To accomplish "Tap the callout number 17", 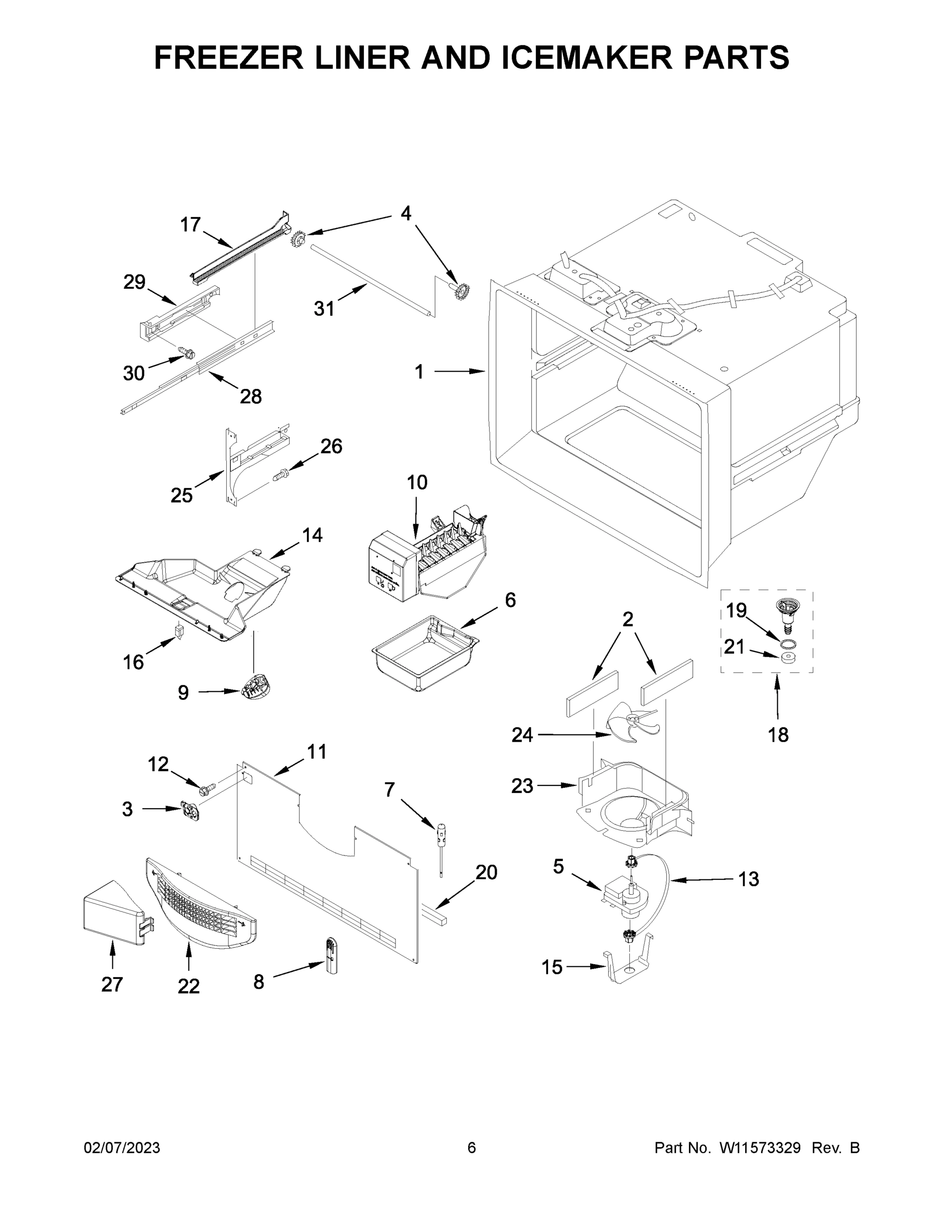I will tap(190, 225).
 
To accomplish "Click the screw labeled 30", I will tap(187, 352).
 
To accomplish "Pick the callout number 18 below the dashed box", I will tap(778, 735).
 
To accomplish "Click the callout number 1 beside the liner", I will tap(419, 372).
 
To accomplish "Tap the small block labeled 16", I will tap(179, 631).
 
